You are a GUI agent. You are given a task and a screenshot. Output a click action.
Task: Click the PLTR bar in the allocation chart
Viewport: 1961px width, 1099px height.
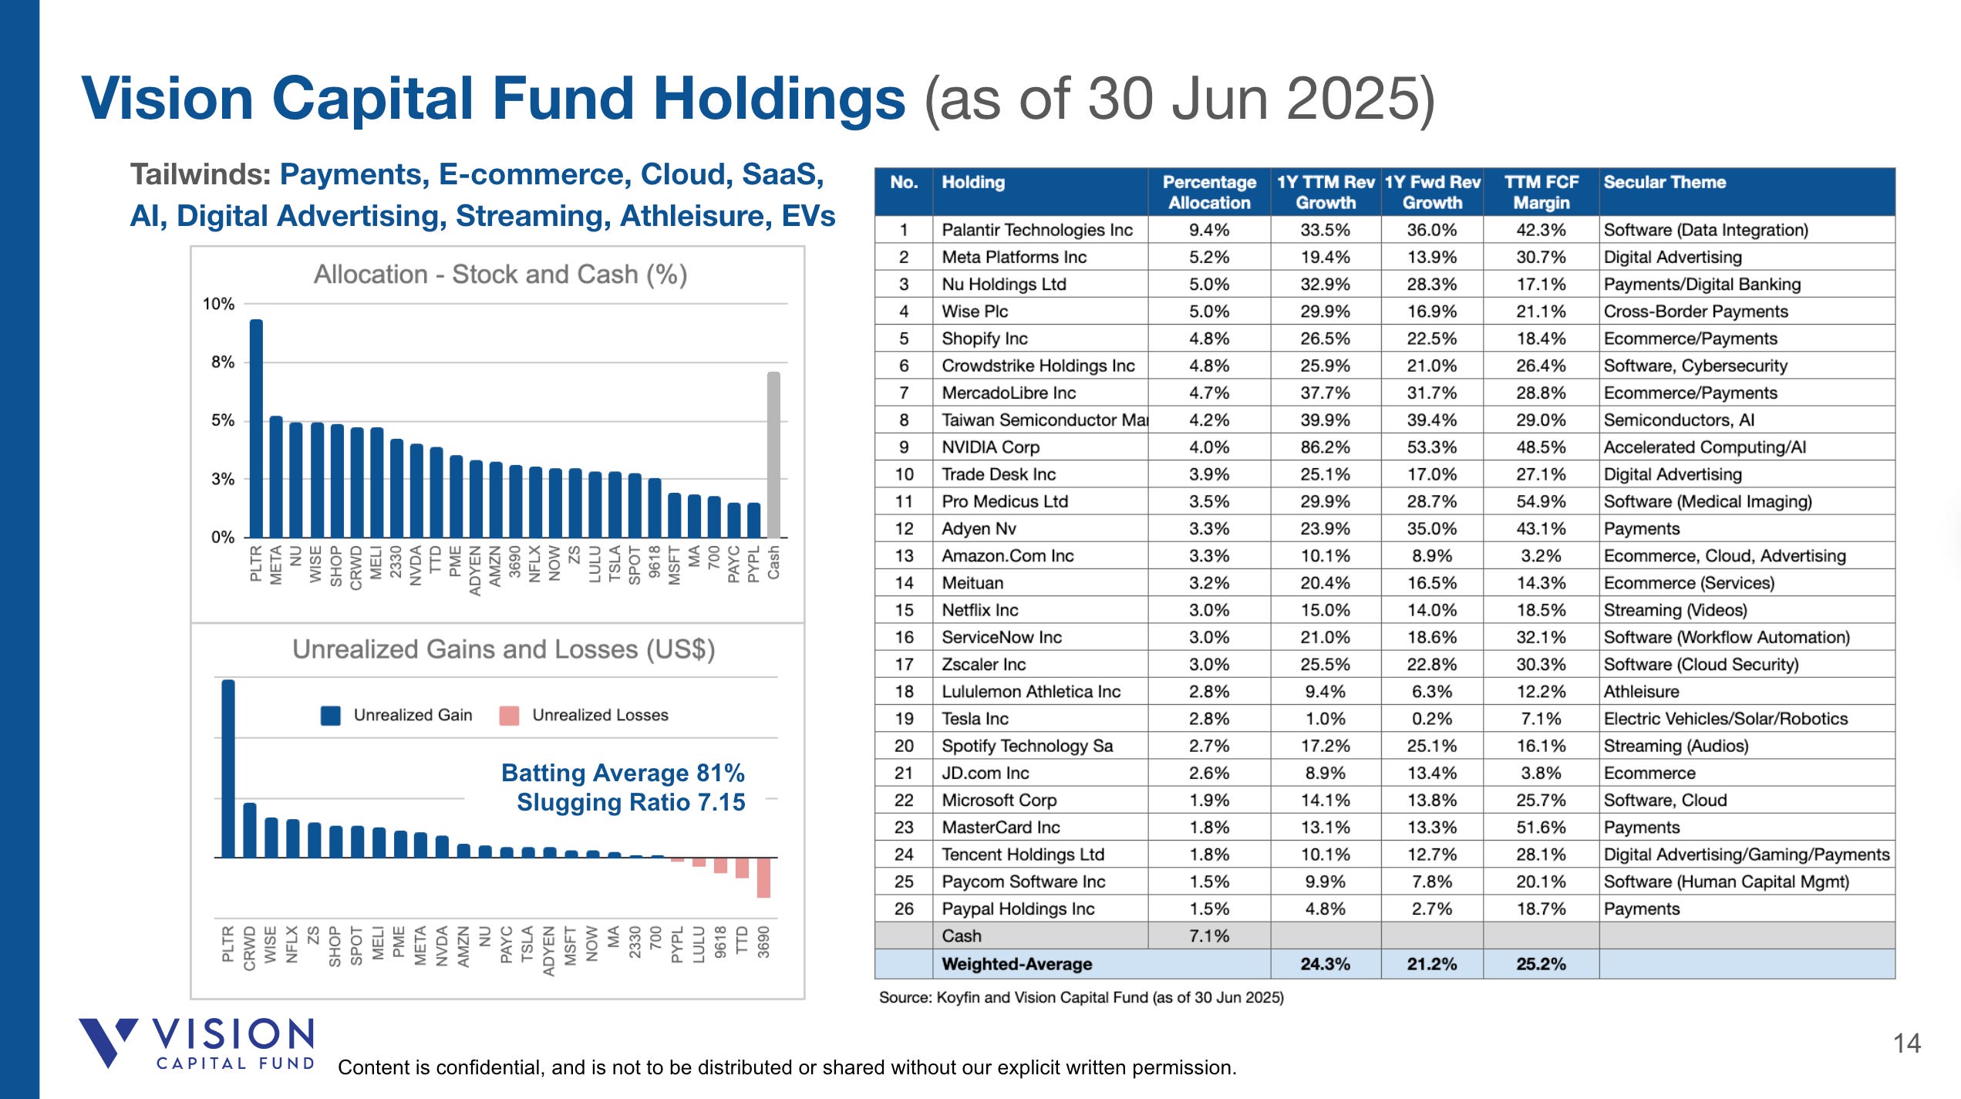tap(256, 428)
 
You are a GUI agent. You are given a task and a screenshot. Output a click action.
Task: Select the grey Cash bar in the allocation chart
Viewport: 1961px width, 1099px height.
tap(773, 455)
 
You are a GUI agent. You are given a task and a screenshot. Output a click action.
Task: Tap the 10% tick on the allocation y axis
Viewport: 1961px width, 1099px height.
tap(218, 304)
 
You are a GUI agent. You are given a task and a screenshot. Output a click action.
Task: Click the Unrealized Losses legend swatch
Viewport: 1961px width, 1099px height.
tap(509, 716)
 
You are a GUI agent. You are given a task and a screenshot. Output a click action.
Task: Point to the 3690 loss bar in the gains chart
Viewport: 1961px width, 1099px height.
tap(763, 878)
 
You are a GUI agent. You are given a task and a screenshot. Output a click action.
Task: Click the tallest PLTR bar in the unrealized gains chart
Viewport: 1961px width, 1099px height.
tap(228, 768)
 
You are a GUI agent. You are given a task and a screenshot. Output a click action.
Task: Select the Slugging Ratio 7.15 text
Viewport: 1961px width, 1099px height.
tap(630, 802)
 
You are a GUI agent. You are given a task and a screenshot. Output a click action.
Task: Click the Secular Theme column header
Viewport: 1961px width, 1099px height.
tap(1664, 183)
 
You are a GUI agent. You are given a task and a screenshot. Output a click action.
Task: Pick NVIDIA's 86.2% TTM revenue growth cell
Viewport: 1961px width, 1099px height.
tap(1325, 447)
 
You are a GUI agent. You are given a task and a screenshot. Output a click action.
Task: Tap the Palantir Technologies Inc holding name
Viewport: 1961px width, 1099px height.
tap(1036, 230)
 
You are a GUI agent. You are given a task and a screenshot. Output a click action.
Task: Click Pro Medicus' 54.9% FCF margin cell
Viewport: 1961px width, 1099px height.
tap(1540, 501)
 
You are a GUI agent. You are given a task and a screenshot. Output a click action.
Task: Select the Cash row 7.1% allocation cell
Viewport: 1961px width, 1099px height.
tap(1208, 935)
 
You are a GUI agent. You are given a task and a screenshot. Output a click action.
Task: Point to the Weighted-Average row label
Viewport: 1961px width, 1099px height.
tap(1016, 964)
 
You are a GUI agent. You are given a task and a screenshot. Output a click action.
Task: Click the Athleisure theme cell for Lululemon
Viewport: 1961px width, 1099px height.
tap(1641, 691)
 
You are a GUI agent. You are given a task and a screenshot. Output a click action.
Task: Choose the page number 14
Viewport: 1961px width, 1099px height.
tap(1906, 1043)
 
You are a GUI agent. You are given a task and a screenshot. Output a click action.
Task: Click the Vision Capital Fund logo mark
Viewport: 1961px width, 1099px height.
tap(107, 1041)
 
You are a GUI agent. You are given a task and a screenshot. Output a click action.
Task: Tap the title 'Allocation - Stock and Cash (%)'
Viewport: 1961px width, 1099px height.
tap(500, 275)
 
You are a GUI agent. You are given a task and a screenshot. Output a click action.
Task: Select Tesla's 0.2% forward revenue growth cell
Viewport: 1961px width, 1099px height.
tap(1431, 719)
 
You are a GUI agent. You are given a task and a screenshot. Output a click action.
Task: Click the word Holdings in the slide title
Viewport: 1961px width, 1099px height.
tap(779, 99)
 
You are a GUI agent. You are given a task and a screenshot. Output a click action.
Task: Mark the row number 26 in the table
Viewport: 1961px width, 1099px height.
tap(904, 909)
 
